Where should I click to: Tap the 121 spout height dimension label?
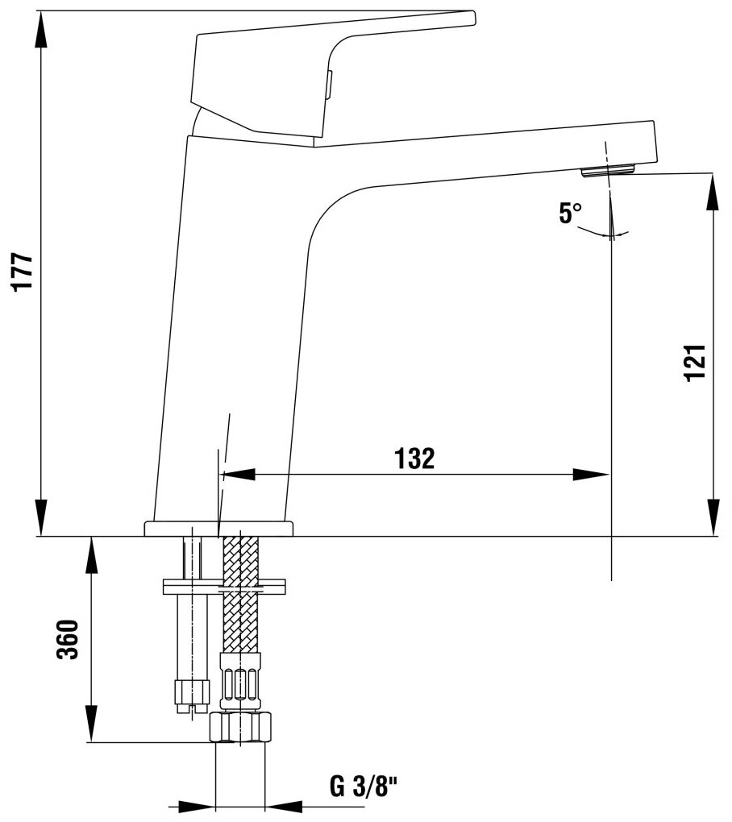click(696, 361)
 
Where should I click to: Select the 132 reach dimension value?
click(415, 458)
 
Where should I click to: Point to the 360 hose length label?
click(69, 639)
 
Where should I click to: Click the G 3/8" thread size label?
click(365, 787)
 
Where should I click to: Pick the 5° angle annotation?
click(570, 214)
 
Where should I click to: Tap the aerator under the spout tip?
click(609, 169)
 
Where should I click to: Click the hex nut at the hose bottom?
click(241, 726)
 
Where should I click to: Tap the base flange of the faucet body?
click(219, 529)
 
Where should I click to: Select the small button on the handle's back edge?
click(329, 85)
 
